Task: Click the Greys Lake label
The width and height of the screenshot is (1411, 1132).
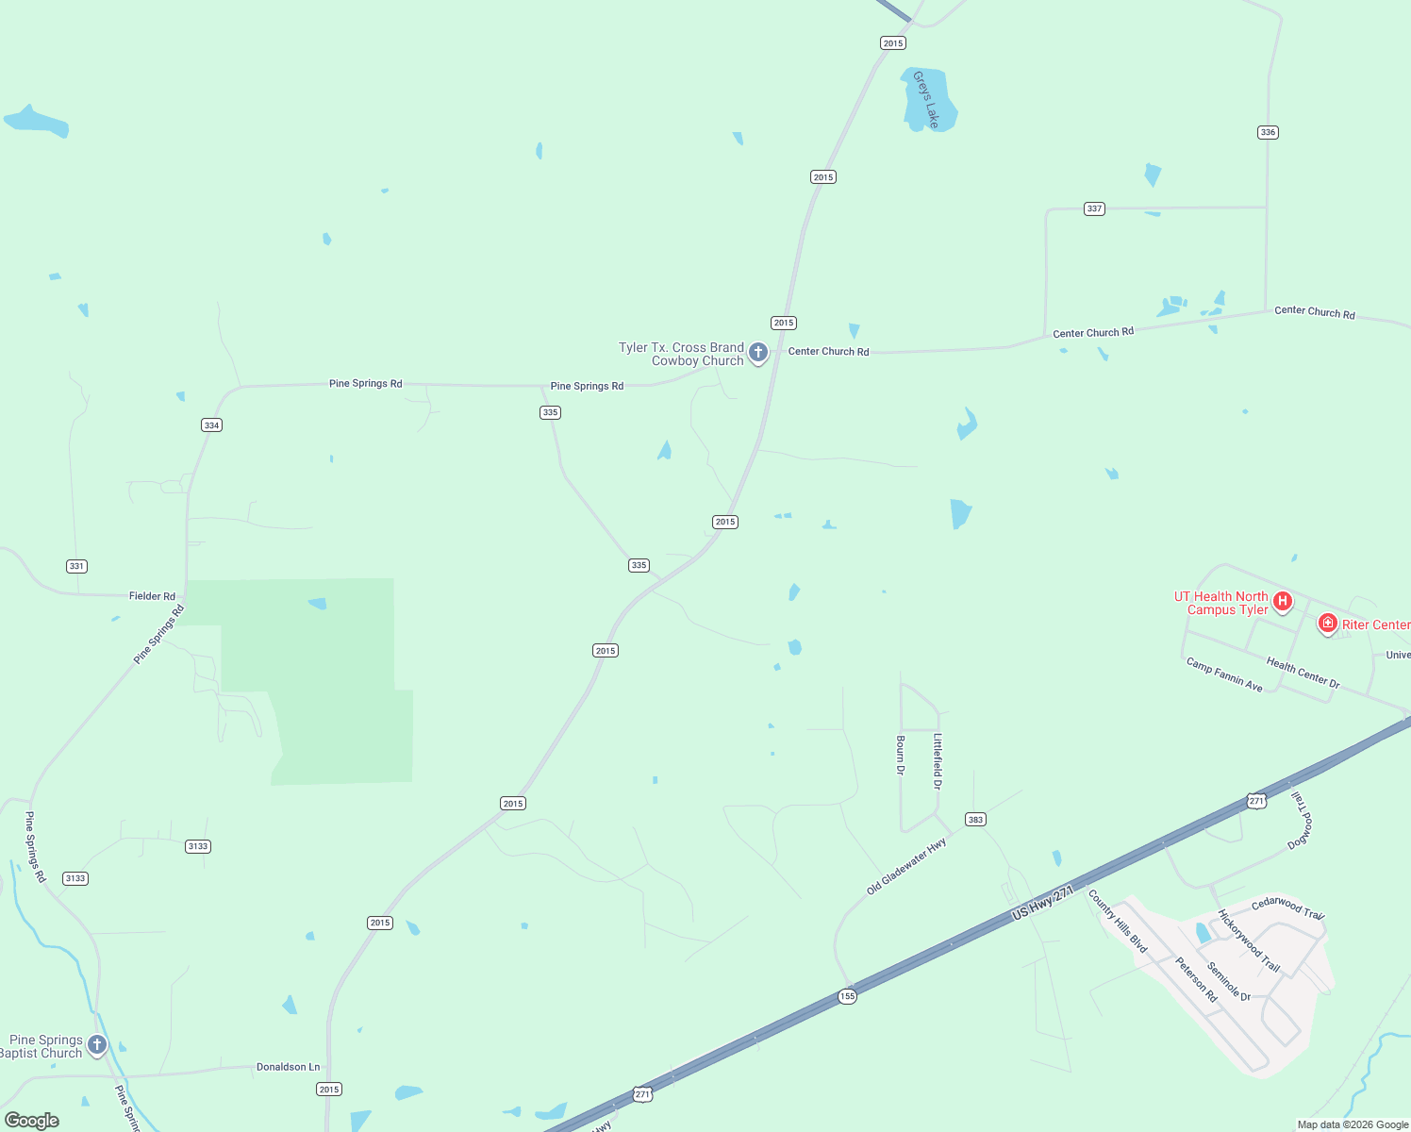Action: coord(926,100)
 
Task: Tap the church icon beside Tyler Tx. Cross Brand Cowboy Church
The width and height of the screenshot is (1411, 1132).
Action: coord(758,354)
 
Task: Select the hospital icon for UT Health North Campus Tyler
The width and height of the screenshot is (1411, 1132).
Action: coord(1282,601)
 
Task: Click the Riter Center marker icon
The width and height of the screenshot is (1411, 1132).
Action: coord(1327,624)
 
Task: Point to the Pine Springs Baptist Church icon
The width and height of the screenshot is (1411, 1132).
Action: coord(96,1045)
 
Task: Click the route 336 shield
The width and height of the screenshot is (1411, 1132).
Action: coord(1268,132)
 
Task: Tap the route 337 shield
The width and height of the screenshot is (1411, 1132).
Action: coord(1094,208)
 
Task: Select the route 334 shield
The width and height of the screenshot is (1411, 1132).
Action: coord(211,425)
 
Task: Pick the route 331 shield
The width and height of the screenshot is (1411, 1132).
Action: coord(76,566)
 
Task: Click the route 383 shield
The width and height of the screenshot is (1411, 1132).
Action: coord(975,819)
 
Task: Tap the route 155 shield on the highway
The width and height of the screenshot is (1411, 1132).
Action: coord(847,996)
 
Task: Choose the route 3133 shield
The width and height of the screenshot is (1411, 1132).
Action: coord(197,846)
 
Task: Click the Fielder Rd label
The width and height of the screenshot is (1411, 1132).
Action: coord(152,596)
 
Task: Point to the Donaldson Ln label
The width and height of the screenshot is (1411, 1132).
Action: coord(288,1067)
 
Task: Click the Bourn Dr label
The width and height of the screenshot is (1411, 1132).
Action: coord(901,756)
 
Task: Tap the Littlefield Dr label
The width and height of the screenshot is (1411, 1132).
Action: coord(938,761)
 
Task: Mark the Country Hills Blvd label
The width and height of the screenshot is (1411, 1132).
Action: coord(1118,921)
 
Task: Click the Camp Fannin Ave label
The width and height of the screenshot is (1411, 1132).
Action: coord(1224,674)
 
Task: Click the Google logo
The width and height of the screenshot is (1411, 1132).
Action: coord(32,1121)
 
